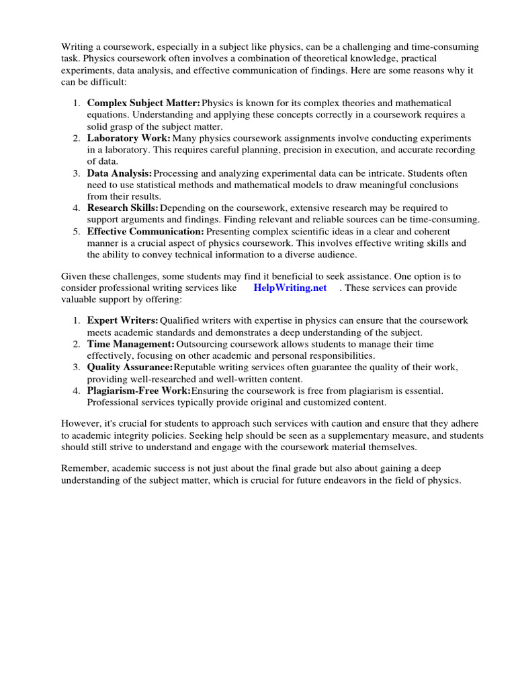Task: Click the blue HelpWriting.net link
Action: (290, 288)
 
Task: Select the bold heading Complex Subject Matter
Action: (144, 103)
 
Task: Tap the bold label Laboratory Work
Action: (129, 138)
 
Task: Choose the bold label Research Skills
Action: (123, 208)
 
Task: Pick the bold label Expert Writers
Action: (123, 320)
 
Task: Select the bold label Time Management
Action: (131, 344)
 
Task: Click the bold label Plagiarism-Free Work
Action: (139, 390)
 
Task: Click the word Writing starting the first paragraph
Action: (76, 47)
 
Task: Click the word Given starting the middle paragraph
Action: (74, 276)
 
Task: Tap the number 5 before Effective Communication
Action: (77, 232)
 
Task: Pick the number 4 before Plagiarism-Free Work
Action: (77, 390)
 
